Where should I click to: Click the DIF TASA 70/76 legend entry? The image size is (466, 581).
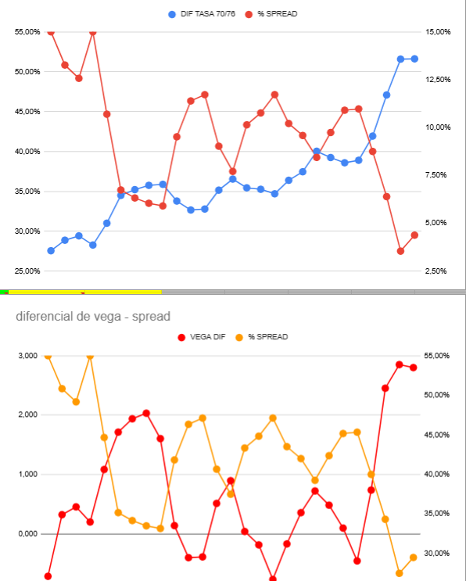tap(202, 14)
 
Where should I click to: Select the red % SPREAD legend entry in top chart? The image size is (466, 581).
tap(271, 14)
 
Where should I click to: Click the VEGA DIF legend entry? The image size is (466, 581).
tap(202, 337)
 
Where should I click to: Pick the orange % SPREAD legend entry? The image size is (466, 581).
tap(261, 337)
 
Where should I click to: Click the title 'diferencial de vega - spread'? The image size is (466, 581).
tap(93, 317)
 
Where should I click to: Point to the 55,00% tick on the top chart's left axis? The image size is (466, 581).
tap(27, 32)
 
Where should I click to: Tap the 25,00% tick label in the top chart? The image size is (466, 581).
tap(27, 271)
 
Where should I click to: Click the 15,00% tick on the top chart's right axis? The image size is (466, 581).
tap(438, 32)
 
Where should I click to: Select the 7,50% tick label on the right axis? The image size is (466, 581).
tap(436, 175)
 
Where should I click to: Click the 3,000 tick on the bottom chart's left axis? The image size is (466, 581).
tap(28, 356)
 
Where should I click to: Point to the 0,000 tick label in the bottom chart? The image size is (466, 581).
tap(28, 533)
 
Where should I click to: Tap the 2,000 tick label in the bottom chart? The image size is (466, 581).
tap(28, 414)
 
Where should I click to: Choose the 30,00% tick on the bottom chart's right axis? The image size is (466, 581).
tap(437, 553)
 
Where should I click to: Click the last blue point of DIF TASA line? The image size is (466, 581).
tap(414, 59)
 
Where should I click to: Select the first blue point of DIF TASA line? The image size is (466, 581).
tap(51, 251)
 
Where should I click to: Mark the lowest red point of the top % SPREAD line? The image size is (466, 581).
tap(400, 251)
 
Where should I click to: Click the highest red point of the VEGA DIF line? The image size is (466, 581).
tap(400, 364)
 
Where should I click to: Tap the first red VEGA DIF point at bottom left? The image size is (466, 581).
tap(48, 576)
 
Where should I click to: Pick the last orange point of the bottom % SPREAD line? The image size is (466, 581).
tap(414, 558)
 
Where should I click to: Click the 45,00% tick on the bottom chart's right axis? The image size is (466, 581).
tap(437, 435)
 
